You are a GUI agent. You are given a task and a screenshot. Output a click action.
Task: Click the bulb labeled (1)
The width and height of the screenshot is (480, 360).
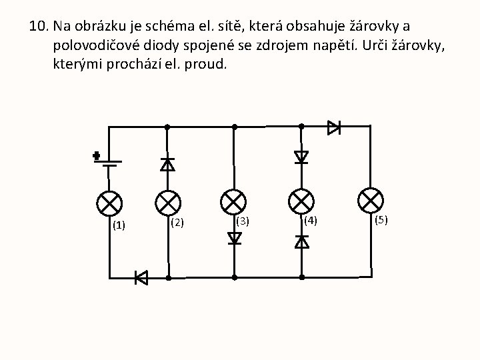(109, 202)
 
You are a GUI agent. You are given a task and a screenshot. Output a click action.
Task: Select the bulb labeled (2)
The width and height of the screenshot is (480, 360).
(168, 202)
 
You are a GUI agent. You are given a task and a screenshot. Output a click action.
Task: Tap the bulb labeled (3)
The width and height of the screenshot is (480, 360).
(234, 201)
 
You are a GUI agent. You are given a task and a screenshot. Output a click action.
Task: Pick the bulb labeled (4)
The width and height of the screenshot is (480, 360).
(301, 201)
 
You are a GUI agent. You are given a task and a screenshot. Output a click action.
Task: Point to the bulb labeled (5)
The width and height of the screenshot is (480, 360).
(371, 200)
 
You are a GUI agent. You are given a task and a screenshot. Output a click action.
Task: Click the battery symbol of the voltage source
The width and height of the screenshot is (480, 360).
(109, 162)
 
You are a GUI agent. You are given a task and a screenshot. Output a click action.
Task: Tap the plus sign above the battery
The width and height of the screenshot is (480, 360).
(97, 156)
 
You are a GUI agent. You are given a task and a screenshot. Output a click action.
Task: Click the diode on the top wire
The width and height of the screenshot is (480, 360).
(334, 127)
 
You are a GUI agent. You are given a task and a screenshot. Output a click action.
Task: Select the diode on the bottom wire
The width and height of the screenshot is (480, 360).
(141, 277)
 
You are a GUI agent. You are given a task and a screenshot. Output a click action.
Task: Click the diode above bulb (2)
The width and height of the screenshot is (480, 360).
(168, 163)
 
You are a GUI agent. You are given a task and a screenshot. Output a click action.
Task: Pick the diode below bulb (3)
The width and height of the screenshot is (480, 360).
(234, 238)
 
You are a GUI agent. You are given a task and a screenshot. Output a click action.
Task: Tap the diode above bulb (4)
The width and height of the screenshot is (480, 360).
(301, 157)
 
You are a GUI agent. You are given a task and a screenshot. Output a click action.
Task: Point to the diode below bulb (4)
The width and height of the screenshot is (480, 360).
(301, 241)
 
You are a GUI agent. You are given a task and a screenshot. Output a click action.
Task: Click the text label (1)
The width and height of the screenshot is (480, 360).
(119, 225)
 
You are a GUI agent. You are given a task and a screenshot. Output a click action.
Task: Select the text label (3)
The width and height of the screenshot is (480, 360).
(243, 221)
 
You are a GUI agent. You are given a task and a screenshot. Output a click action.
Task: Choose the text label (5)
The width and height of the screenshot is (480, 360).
(381, 219)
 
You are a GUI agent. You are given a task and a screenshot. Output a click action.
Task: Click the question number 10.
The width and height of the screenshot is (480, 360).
(39, 27)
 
